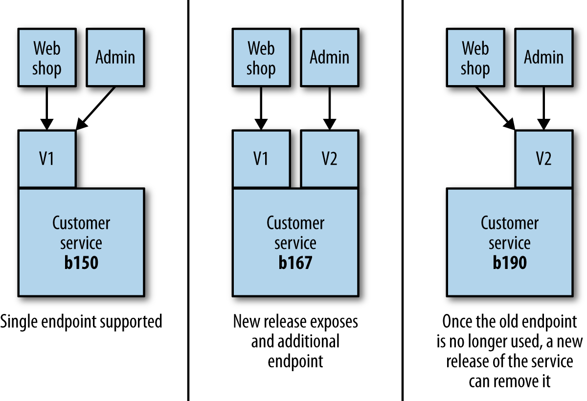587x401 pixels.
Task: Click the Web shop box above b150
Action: tap(46, 57)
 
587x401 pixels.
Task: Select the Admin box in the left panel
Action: tap(115, 57)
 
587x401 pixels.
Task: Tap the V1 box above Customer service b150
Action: tap(46, 159)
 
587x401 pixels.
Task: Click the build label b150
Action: tap(81, 263)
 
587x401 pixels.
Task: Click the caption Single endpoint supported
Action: tap(81, 322)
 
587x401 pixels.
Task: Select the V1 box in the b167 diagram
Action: tap(261, 159)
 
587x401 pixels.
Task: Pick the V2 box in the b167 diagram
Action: tap(329, 159)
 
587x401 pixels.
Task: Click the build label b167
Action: tap(295, 263)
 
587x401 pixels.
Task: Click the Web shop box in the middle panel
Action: tap(261, 57)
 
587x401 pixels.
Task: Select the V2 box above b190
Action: tap(543, 159)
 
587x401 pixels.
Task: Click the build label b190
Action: tap(510, 263)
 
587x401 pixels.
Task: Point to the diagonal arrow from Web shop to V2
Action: tap(495, 108)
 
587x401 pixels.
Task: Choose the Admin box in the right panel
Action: tap(543, 57)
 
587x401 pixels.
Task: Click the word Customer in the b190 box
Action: tap(510, 223)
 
